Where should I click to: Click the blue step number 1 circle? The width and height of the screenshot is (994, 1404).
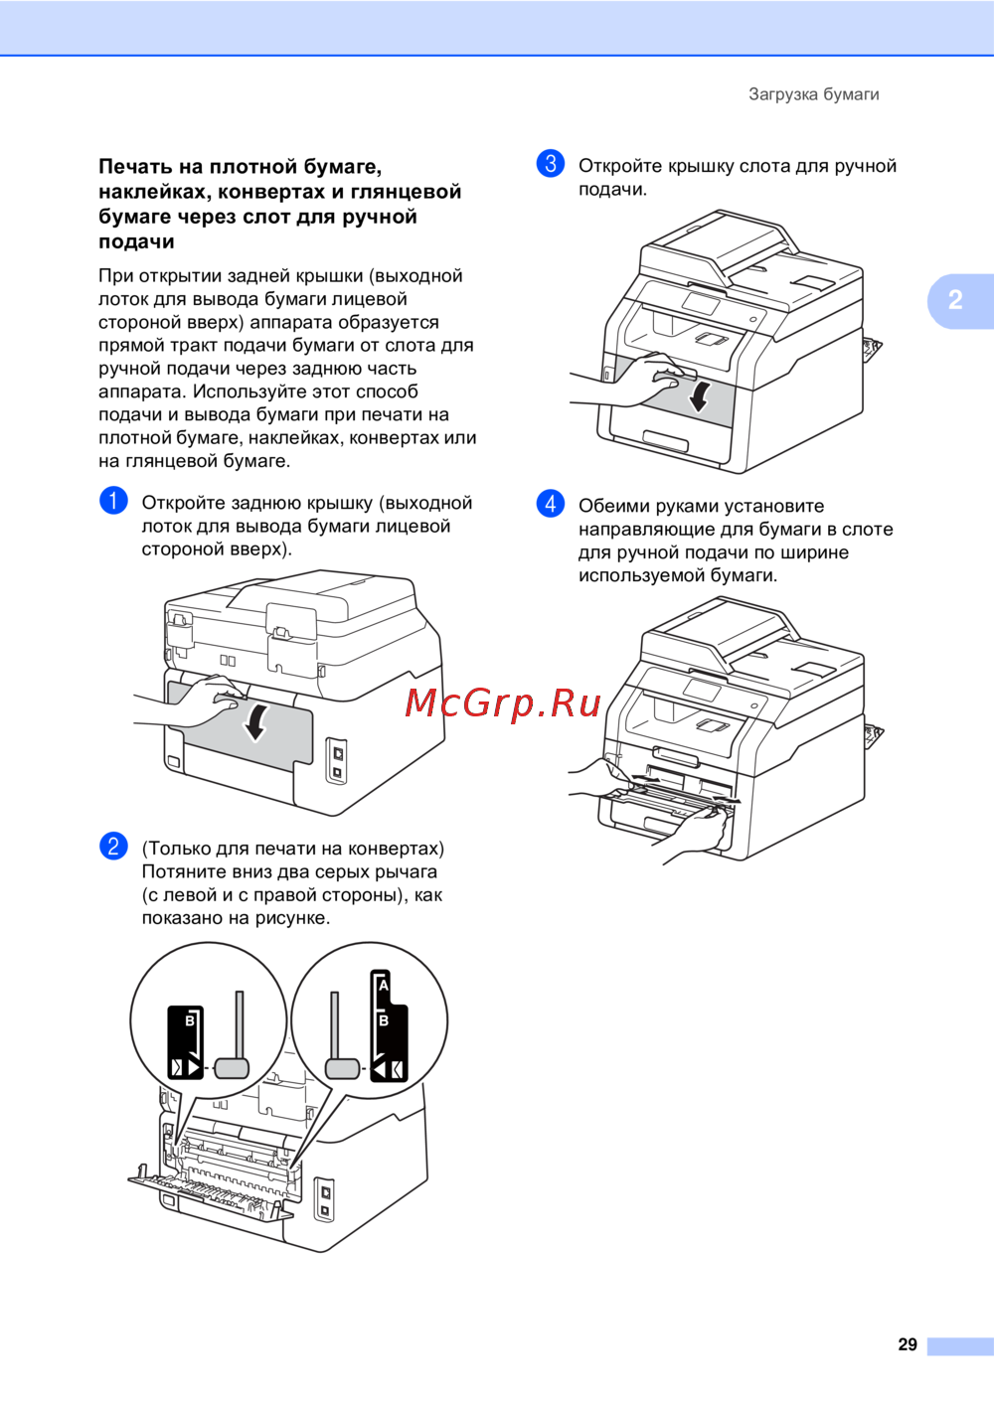[113, 500]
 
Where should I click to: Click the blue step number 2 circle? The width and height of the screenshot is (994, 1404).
[113, 846]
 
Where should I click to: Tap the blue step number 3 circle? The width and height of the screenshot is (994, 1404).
[551, 163]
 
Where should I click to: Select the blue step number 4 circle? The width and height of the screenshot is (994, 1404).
[551, 503]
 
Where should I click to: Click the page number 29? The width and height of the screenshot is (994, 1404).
[908, 1344]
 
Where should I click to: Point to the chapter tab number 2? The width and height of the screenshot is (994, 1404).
[955, 300]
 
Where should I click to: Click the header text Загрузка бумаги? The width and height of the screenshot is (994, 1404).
[813, 94]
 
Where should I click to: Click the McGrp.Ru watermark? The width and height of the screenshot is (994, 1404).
[503, 702]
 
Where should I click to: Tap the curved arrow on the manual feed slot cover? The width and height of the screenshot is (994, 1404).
[699, 393]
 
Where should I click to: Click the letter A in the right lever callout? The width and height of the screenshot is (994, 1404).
[384, 986]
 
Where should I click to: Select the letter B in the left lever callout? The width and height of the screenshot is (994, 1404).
[190, 1020]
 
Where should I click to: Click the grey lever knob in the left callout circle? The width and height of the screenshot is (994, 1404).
[232, 1067]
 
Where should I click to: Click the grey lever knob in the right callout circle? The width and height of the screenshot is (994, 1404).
[342, 1067]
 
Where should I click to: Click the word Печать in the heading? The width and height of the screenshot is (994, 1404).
[135, 167]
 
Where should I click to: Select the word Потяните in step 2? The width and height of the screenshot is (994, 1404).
[186, 871]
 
